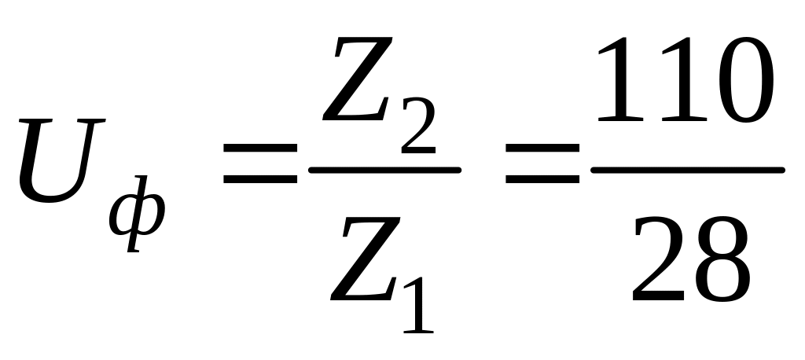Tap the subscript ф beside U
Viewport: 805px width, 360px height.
[x=138, y=215]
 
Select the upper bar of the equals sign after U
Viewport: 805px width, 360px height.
[x=260, y=149]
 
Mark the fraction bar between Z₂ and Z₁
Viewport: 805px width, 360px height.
[x=384, y=167]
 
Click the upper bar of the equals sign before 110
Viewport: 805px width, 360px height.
[x=542, y=149]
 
